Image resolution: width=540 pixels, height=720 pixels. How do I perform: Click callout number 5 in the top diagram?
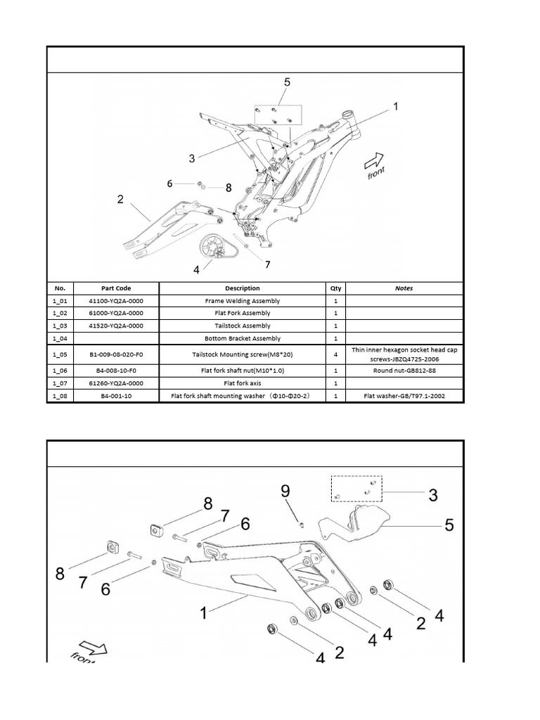tap(287, 82)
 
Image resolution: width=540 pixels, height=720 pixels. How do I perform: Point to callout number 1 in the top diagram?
tap(396, 107)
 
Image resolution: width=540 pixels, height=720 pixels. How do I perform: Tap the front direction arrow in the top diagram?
tap(374, 162)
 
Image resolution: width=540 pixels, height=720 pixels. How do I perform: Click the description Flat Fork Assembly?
tap(242, 314)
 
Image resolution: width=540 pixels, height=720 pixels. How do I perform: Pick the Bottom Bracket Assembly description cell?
tap(242, 339)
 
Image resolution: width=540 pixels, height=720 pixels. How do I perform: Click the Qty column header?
tap(335, 288)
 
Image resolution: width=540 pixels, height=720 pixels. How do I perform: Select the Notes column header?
tap(404, 288)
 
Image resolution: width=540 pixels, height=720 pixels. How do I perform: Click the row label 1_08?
tap(59, 396)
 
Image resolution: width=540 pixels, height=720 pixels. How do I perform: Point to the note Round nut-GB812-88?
tap(404, 371)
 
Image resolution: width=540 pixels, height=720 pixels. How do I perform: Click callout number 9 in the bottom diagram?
tap(286, 491)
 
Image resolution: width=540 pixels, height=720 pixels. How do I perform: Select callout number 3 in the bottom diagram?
tap(432, 495)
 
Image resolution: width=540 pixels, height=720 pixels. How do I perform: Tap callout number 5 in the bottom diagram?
tap(448, 525)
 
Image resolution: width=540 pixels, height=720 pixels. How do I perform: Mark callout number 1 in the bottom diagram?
tap(203, 613)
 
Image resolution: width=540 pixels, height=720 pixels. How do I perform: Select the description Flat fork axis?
tap(242, 383)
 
